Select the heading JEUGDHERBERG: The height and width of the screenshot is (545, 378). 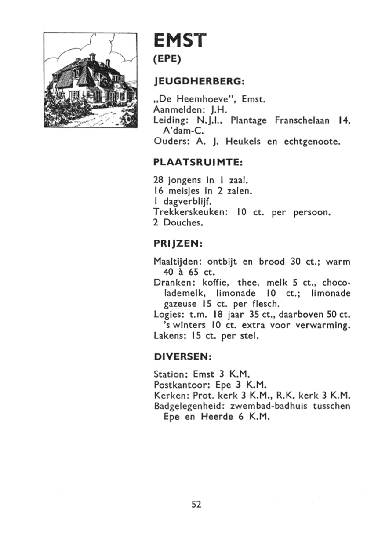pos(199,82)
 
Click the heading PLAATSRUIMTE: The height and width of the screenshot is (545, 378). pos(199,162)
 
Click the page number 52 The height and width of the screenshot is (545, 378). pos(196,505)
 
